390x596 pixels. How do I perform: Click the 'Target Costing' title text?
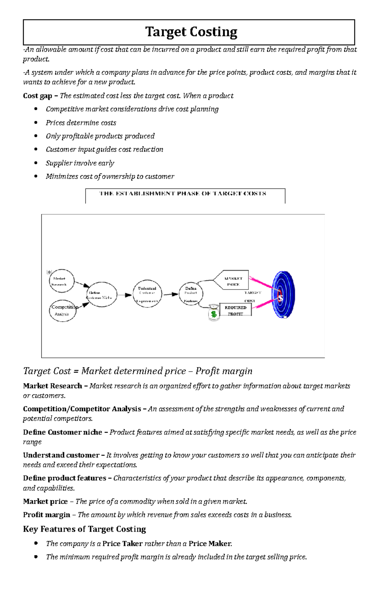tap(191, 32)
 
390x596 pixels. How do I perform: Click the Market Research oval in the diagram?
tap(61, 281)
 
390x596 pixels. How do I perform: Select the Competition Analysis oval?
tap(63, 311)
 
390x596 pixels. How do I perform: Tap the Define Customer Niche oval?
tap(102, 295)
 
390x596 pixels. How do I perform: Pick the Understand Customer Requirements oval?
tap(147, 294)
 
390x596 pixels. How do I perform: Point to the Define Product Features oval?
tap(191, 294)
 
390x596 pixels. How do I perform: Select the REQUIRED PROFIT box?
tap(236, 310)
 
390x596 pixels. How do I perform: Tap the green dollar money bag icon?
tap(214, 313)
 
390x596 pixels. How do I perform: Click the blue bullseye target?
tap(283, 295)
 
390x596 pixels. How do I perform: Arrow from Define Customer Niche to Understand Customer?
tap(124, 295)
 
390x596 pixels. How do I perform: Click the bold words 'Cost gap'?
tap(38, 96)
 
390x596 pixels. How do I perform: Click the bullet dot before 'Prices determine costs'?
tap(36, 122)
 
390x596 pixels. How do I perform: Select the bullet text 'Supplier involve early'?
tap(80, 163)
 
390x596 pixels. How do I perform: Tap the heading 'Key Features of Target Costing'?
tap(84, 529)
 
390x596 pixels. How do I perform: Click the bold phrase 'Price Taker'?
tap(123, 544)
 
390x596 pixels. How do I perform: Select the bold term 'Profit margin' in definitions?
tap(46, 515)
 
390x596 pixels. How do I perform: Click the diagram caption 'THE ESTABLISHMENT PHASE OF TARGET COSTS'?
tap(183, 194)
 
